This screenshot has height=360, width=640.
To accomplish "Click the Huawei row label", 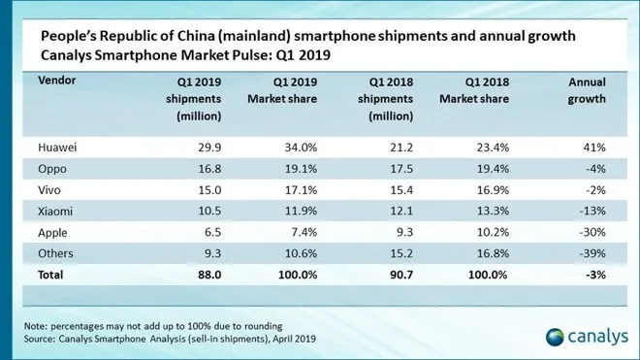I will pos(57,147).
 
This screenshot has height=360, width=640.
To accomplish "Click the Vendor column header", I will pos(58,82).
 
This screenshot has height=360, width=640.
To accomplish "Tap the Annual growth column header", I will pos(586,90).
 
